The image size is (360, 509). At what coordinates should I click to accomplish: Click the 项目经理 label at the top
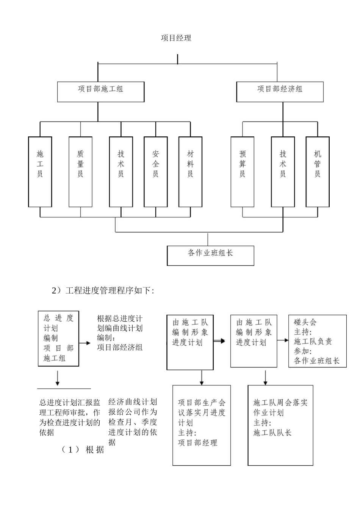pyautogui.click(x=176, y=38)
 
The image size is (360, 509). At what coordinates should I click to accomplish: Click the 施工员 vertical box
pyautogui.click(x=40, y=172)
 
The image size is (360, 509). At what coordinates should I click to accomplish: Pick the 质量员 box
pyautogui.click(x=80, y=172)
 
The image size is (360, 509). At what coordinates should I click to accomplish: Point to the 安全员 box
pyautogui.click(x=155, y=172)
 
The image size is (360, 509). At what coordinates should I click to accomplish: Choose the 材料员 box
pyautogui.click(x=190, y=172)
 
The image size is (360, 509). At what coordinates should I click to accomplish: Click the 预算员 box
pyautogui.click(x=243, y=172)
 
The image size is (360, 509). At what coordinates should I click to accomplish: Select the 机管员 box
pyautogui.click(x=318, y=172)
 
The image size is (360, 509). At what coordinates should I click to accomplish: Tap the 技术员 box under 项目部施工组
pyautogui.click(x=121, y=172)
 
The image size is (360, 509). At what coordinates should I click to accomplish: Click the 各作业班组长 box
pyautogui.click(x=210, y=255)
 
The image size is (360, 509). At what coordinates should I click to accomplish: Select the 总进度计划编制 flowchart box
pyautogui.click(x=58, y=338)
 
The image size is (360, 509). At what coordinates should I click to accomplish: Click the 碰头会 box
pyautogui.click(x=317, y=341)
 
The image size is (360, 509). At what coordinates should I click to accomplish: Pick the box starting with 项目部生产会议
pyautogui.click(x=202, y=425)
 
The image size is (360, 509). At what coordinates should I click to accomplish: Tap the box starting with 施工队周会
pyautogui.click(x=280, y=425)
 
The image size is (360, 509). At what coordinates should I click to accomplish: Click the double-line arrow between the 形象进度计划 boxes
pyautogui.click(x=219, y=341)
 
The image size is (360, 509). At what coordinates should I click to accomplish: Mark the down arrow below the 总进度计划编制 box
pyautogui.click(x=57, y=378)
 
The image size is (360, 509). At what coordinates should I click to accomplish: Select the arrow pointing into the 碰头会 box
pyautogui.click(x=283, y=340)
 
